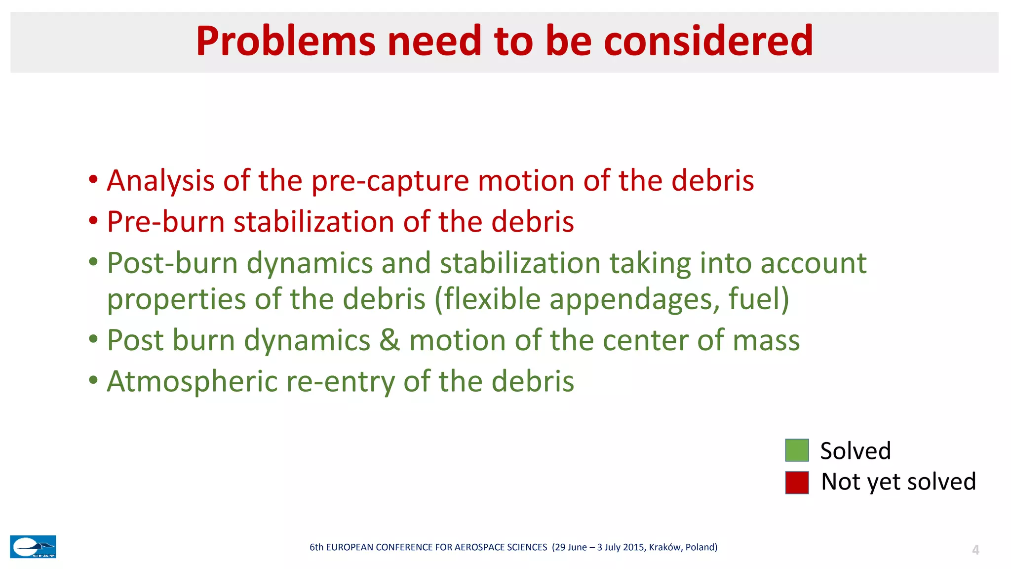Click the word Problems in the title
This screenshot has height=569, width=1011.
point(285,41)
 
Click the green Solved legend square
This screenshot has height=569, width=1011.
point(797,450)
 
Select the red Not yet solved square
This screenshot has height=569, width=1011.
point(797,483)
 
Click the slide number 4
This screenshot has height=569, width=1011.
point(975,550)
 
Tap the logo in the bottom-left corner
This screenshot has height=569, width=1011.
point(33,547)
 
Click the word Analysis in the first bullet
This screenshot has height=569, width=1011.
point(160,181)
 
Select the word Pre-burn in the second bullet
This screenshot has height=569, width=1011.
point(165,222)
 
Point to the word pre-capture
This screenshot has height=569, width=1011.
point(389,181)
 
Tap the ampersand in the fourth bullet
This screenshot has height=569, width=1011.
point(389,341)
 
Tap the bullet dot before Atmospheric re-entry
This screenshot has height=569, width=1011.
point(93,381)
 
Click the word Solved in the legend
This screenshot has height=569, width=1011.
point(855,451)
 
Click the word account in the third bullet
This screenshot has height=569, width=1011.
point(813,263)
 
